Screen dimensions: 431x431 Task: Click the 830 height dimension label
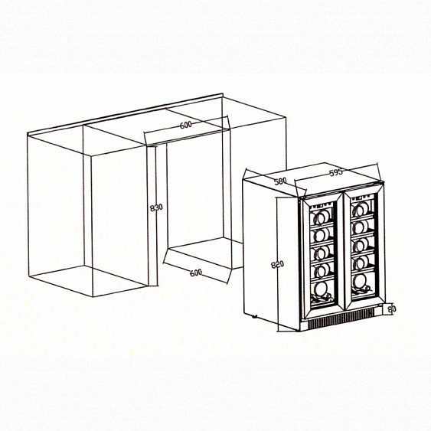(156, 207)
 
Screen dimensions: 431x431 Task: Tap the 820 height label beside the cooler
(277, 264)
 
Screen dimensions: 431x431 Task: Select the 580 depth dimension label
(280, 181)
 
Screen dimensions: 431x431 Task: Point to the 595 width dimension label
(336, 172)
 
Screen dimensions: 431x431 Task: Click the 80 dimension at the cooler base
(392, 309)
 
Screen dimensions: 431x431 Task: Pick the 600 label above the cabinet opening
(186, 125)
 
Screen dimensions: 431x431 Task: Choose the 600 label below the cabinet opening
(196, 273)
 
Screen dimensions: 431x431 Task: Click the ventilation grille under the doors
(341, 318)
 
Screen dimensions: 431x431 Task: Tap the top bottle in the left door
(320, 217)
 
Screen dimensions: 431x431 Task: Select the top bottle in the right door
(361, 211)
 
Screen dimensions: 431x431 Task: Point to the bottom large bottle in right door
(361, 282)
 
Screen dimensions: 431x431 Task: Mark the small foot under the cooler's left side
(254, 316)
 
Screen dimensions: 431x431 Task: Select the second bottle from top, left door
(320, 234)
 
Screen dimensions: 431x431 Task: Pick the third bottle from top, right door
(360, 244)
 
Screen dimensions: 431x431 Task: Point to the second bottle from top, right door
(361, 227)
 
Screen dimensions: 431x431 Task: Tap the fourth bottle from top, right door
(361, 263)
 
